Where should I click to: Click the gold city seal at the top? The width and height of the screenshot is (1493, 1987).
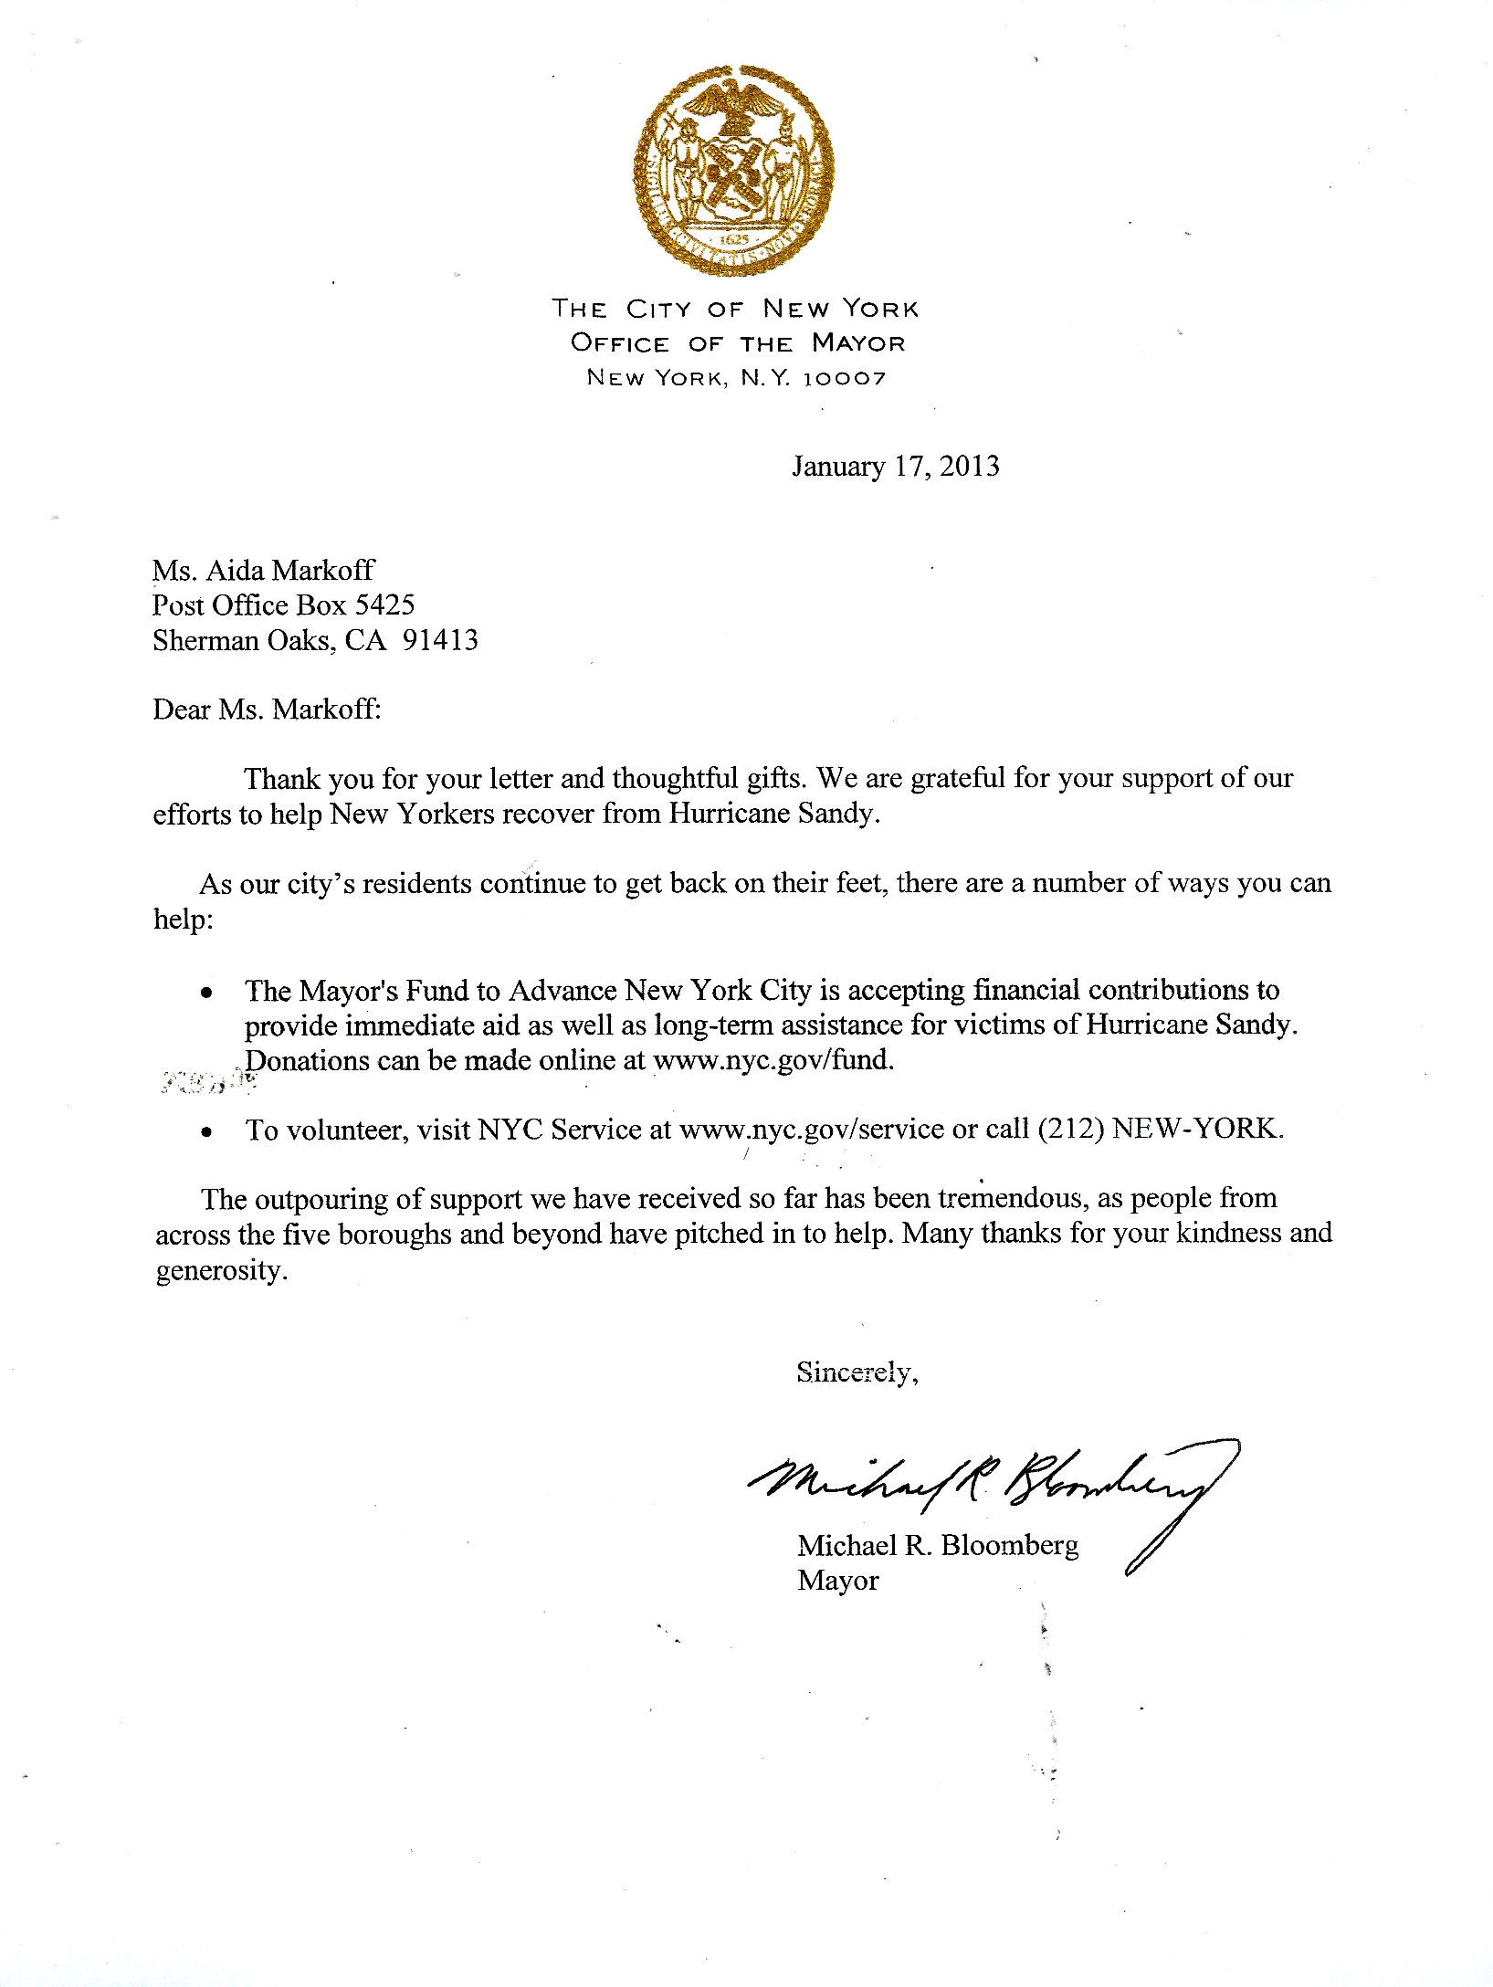(734, 170)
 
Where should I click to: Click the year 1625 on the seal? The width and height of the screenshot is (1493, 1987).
(733, 239)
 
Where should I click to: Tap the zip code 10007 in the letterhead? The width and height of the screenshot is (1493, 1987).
(844, 378)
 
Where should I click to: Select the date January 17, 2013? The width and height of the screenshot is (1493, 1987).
(895, 467)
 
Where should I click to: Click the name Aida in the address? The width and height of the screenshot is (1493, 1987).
(236, 571)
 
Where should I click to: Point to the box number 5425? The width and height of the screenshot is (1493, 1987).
(384, 605)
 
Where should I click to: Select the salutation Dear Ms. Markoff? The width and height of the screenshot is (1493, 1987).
(267, 710)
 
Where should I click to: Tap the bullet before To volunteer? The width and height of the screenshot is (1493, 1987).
(208, 1132)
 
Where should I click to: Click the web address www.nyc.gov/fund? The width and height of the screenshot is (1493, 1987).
(773, 1061)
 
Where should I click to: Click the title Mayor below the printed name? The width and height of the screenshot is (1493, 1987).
(837, 1581)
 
